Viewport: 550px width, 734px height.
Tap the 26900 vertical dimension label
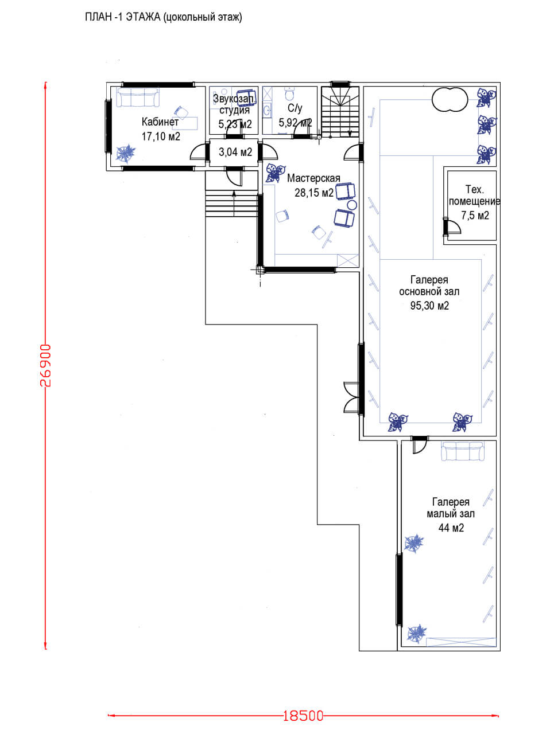45,365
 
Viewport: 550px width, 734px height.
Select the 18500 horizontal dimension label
303,716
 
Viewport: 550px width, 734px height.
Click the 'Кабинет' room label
160,122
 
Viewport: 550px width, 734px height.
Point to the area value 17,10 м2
161,136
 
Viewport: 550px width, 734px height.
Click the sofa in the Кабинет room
138,97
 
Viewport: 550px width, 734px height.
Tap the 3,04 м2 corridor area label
235,152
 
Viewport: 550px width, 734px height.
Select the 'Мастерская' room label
313,178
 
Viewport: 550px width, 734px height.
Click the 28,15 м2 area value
313,193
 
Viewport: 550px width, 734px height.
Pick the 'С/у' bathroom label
295,108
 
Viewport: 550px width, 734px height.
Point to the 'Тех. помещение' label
474,196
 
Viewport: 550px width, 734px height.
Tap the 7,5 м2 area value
475,216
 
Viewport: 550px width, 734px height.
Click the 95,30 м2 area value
429,306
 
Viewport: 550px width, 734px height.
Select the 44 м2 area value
451,528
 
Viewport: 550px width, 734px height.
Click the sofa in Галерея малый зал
462,451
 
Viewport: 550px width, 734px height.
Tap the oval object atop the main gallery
450,99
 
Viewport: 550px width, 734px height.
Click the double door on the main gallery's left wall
351,397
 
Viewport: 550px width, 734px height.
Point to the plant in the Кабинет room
126,153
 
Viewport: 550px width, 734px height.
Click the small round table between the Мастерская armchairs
352,205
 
